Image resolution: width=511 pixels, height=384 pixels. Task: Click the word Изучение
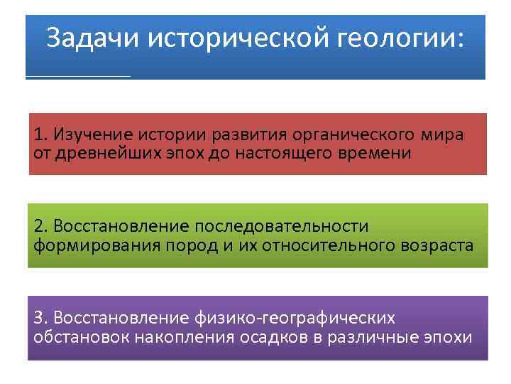[86, 134]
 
